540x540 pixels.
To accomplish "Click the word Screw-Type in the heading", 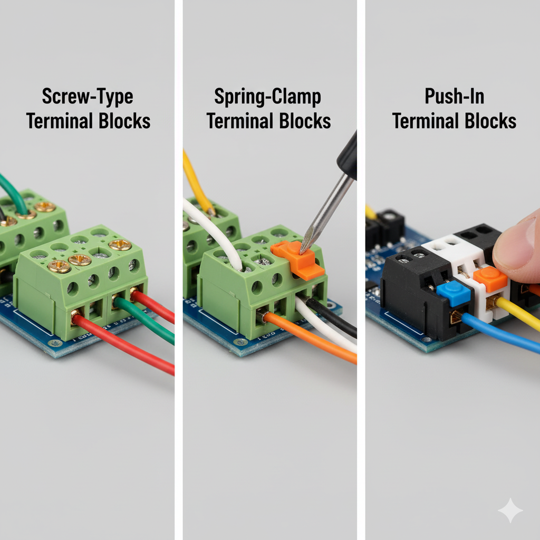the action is tap(88, 97).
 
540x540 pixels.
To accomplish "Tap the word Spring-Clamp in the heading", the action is tap(267, 97).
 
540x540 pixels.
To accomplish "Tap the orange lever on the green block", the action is tap(298, 259).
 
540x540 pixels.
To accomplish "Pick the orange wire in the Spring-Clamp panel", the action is tap(310, 337).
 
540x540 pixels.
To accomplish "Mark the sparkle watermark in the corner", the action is tap(510, 510).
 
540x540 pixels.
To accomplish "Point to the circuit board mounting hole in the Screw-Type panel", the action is tap(55, 343).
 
